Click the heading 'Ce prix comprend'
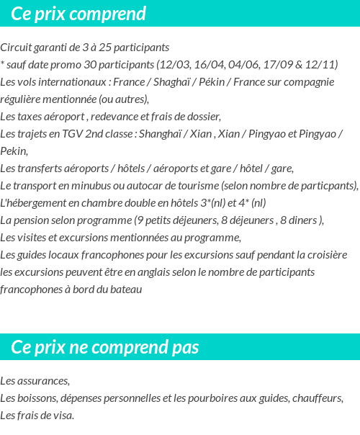tap(78, 14)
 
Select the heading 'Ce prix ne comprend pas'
tap(105, 348)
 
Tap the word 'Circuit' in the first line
tap(16, 48)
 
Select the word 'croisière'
tap(324, 255)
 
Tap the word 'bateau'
tap(126, 290)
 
